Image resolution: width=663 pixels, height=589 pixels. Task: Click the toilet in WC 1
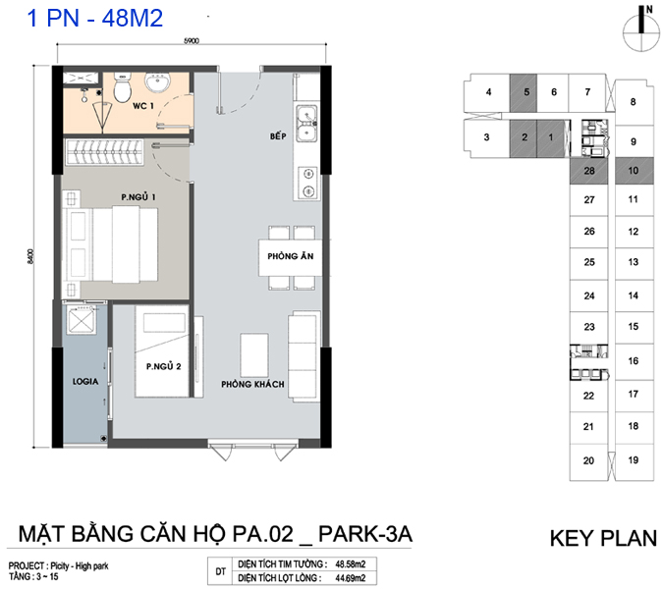(123, 88)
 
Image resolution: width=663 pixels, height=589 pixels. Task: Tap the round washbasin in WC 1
(158, 81)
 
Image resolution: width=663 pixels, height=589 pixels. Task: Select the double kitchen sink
(306, 123)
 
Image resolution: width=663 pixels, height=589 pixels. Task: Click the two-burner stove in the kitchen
(307, 183)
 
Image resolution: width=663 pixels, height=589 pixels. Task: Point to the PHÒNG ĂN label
(291, 256)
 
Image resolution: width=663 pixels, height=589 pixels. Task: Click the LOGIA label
(85, 382)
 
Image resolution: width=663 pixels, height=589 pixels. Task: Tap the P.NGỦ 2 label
(164, 366)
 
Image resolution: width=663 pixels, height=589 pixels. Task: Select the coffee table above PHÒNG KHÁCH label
(254, 355)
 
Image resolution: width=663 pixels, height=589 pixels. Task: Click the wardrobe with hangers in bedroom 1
(104, 152)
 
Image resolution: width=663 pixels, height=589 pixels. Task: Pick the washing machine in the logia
(82, 320)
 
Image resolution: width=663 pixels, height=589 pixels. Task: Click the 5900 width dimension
(192, 41)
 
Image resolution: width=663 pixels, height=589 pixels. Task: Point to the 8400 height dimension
(30, 256)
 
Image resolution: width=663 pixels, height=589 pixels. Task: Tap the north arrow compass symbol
(641, 29)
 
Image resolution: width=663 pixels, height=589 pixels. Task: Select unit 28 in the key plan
(589, 171)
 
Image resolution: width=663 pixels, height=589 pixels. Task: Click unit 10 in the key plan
(634, 171)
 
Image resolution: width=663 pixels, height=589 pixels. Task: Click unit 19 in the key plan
(634, 460)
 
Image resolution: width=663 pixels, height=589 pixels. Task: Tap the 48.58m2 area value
(350, 564)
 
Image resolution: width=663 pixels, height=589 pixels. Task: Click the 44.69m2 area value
(350, 578)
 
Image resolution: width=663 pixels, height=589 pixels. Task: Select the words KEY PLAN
(603, 538)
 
